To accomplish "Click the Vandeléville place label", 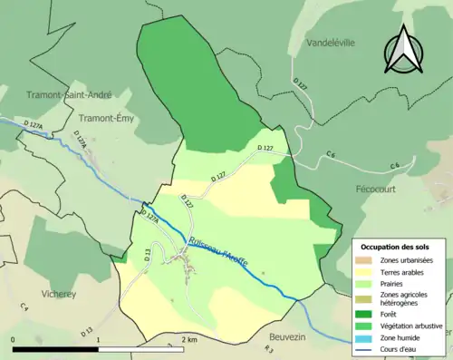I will pyautogui.click(x=332, y=43).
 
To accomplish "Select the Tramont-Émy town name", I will pyautogui.click(x=108, y=118).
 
